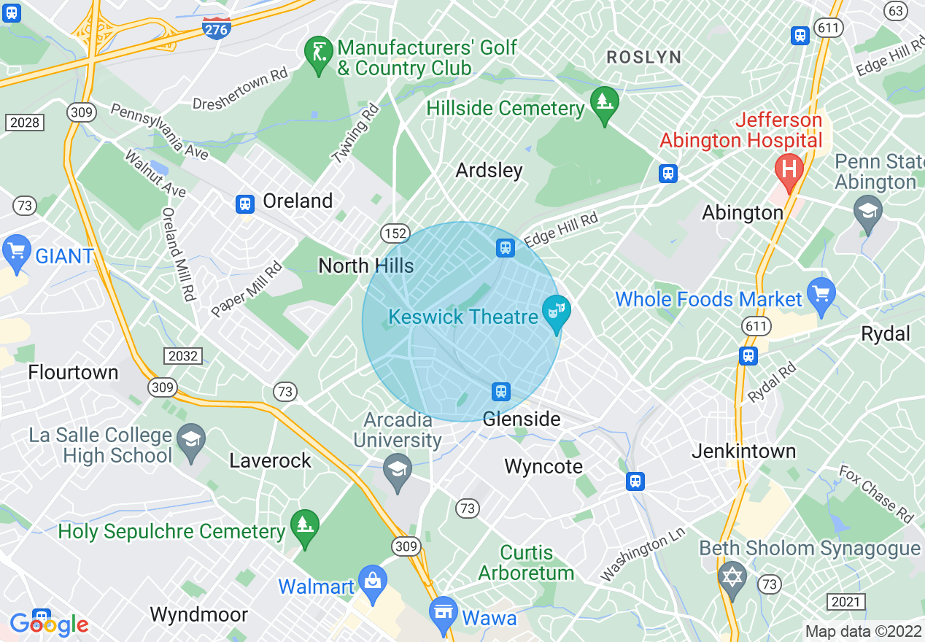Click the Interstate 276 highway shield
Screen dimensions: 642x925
(217, 28)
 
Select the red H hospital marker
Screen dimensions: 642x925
(789, 169)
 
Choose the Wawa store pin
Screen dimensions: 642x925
(443, 613)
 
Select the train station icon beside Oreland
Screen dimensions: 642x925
(245, 204)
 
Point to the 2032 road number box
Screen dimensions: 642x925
(182, 355)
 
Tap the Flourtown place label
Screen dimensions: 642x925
(73, 372)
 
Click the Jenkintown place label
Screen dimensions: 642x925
(743, 451)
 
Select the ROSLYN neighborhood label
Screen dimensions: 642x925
(644, 57)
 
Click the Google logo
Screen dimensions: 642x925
(49, 624)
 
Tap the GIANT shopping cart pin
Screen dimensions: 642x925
(16, 251)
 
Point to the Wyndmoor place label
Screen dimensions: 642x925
(198, 614)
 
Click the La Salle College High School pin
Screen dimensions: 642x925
(191, 440)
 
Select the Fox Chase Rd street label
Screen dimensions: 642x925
(875, 494)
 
